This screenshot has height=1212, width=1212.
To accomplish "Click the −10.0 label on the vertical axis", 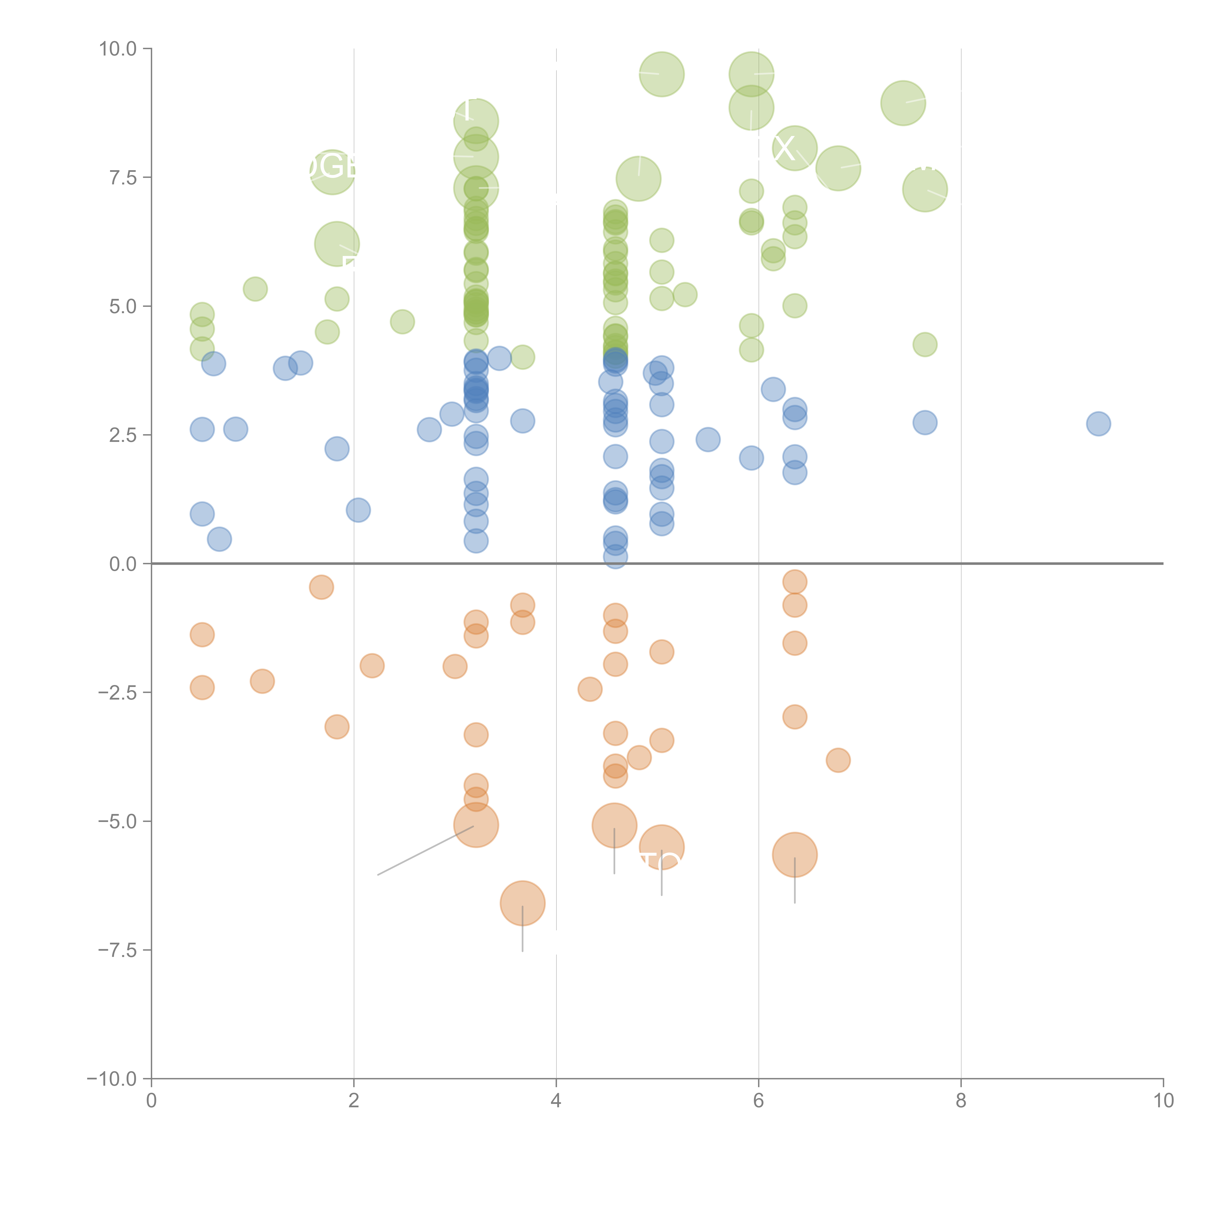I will point(112,1079).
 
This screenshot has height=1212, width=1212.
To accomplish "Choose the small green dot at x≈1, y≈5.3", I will point(255,289).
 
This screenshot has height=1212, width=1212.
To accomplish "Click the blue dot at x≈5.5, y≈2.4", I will point(708,440).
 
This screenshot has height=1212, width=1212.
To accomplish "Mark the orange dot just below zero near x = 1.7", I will point(321,587).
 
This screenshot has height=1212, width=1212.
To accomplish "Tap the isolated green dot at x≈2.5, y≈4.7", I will point(402,322).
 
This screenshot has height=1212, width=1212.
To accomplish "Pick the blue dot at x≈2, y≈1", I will point(358,510).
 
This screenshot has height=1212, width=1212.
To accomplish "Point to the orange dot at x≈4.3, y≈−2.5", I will point(590,689).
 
